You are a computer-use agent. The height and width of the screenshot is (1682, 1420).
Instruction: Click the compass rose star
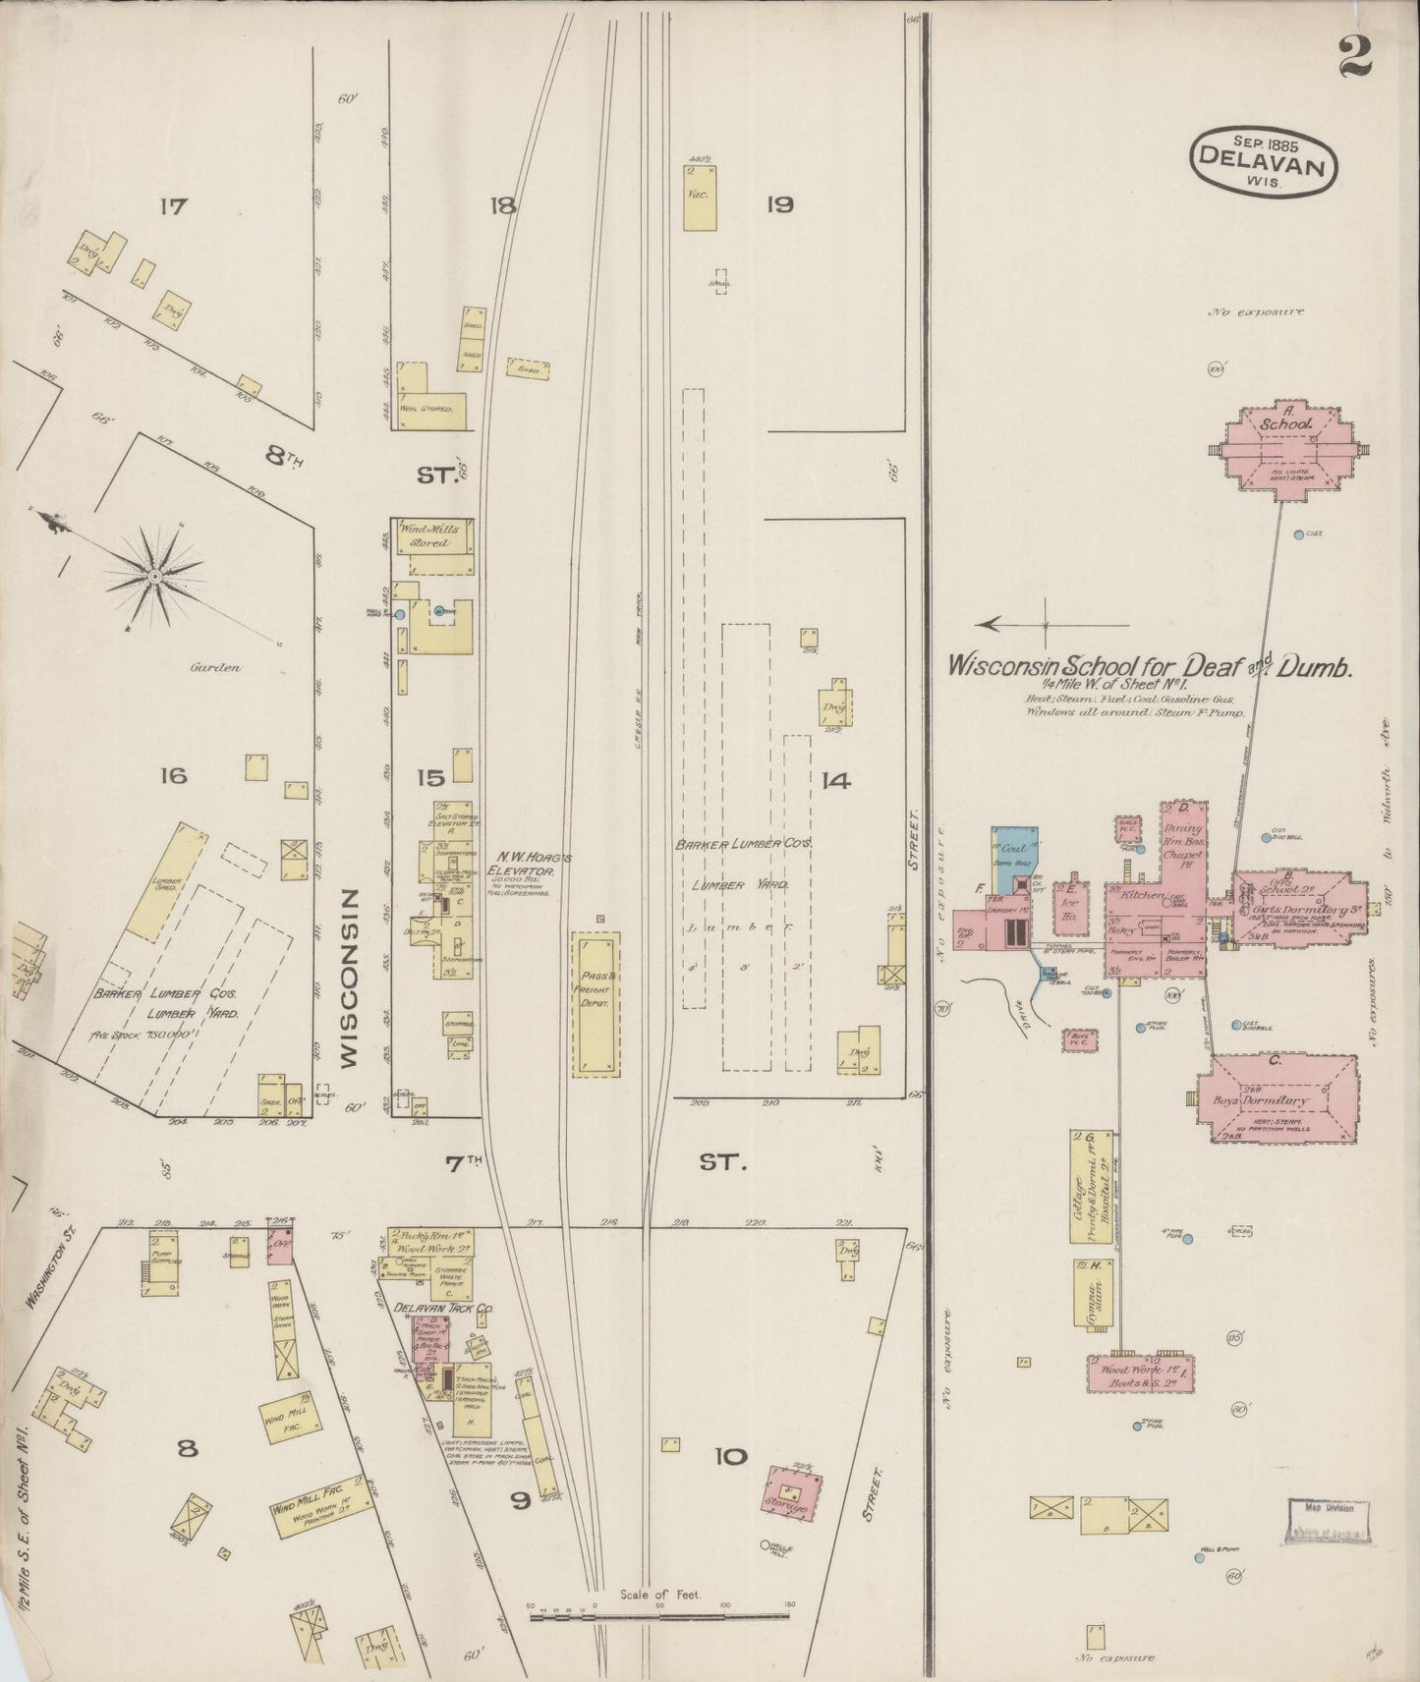pyautogui.click(x=154, y=577)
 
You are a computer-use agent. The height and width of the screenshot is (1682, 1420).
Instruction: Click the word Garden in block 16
pyautogui.click(x=215, y=667)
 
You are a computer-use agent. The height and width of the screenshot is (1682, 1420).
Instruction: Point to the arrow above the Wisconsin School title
pyautogui.click(x=1012, y=624)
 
